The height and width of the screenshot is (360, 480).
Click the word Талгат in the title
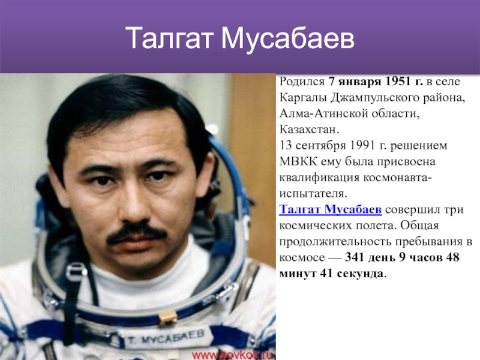[x=169, y=38]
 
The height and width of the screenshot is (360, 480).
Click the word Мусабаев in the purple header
[x=287, y=38]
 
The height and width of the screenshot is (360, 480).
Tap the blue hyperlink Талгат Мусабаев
[x=331, y=209]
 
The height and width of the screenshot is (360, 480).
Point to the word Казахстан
[x=309, y=129]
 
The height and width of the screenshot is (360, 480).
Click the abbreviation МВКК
[x=298, y=161]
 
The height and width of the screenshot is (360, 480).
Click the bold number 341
[x=354, y=257]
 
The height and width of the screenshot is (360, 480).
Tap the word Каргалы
[x=302, y=98]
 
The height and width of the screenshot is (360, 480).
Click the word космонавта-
[x=398, y=178]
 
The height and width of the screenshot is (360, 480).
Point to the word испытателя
[x=313, y=194]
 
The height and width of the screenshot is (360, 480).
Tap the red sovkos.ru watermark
[x=232, y=355]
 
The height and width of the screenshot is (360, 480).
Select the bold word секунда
[x=359, y=274]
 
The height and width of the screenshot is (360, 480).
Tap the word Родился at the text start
[x=302, y=82]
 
